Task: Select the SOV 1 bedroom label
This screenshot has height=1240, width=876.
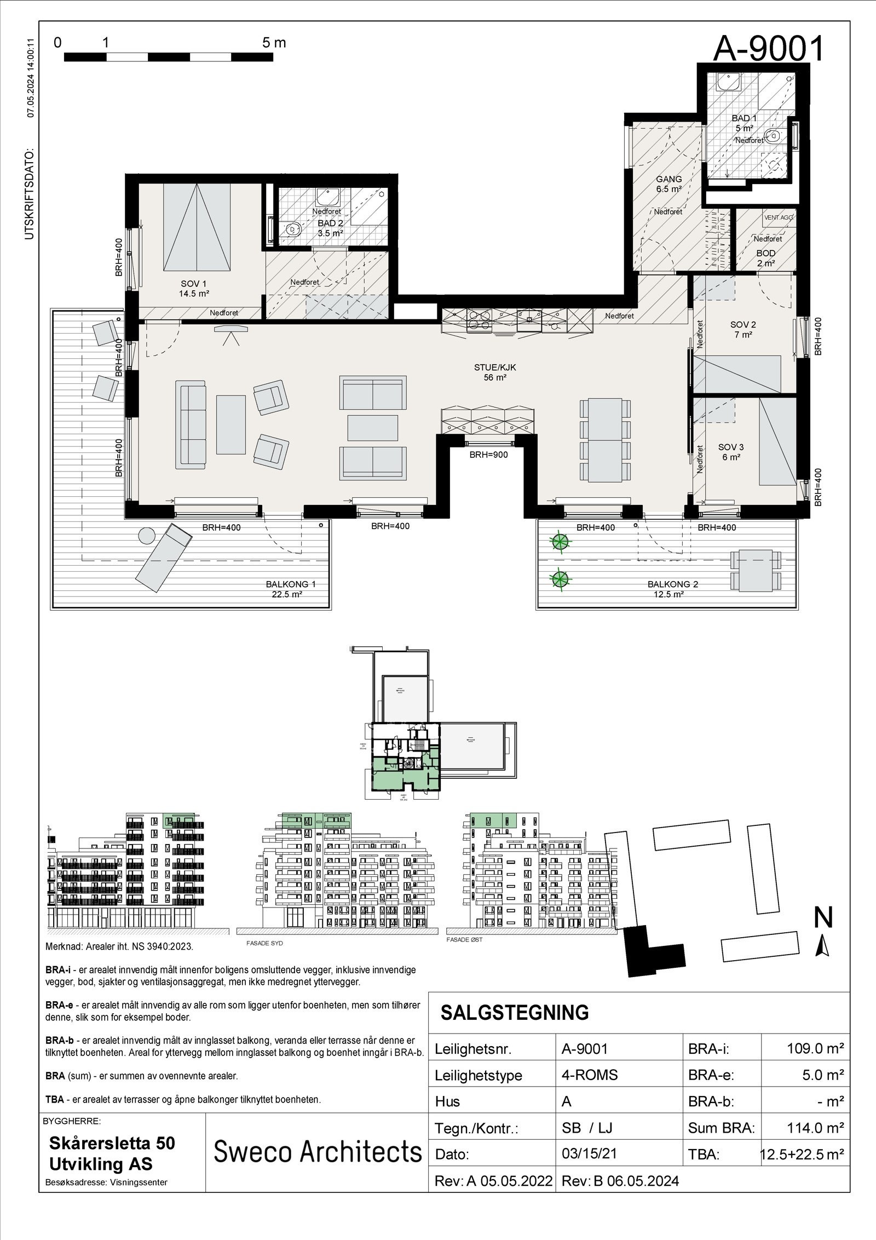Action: click(x=194, y=288)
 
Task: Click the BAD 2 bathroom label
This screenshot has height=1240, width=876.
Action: click(x=330, y=228)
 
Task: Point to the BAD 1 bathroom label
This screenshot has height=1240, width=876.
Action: click(x=744, y=123)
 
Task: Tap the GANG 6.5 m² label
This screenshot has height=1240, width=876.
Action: click(x=668, y=184)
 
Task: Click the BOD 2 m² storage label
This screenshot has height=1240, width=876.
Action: click(x=766, y=258)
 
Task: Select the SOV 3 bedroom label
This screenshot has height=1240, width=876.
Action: click(x=730, y=452)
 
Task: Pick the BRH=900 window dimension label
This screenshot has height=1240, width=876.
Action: click(x=488, y=454)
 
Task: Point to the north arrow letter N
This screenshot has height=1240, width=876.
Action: click(x=823, y=918)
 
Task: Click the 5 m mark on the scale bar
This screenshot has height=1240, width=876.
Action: click(x=274, y=43)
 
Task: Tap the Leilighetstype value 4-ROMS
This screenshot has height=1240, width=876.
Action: click(x=589, y=1075)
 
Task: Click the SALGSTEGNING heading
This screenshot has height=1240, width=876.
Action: click(x=515, y=1013)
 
